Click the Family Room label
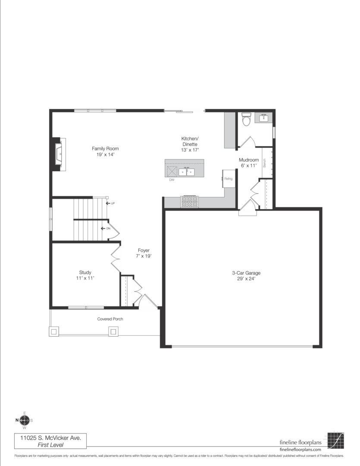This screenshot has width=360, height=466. point(105,151)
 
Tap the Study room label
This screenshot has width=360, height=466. point(85,275)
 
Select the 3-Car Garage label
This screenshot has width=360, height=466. point(246,276)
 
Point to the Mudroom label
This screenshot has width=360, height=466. point(249,163)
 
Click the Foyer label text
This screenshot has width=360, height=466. point(144,253)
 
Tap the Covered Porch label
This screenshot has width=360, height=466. point(110,319)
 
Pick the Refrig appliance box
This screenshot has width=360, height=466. point(229,179)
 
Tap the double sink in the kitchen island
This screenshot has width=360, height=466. point(187,172)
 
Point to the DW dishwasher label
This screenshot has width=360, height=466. point(171,179)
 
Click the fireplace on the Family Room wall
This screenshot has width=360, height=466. point(58,154)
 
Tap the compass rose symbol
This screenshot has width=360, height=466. point(25,420)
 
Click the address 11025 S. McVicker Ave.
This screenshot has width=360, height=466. point(50,437)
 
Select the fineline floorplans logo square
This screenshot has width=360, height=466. point(335,441)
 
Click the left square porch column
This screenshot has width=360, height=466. point(54,332)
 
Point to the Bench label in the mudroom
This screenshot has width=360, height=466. point(265,163)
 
